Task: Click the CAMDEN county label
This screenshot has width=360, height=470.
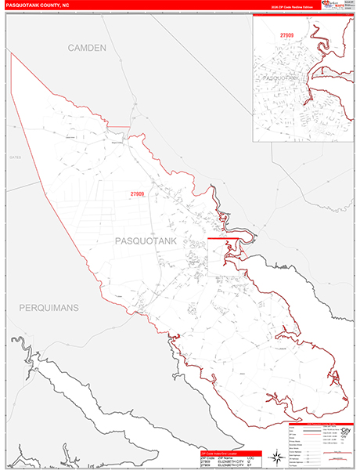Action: point(87,49)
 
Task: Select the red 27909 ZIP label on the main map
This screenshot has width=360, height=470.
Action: point(137,193)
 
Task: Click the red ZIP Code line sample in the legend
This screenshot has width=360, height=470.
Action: point(297,430)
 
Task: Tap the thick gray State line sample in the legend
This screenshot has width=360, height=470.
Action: point(297,426)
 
